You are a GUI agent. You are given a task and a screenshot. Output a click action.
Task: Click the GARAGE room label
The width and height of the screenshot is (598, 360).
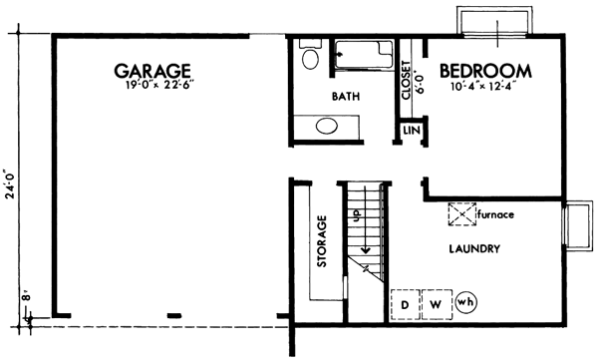pos(151,71)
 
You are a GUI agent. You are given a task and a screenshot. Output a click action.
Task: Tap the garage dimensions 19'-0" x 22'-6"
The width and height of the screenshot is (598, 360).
pos(151,87)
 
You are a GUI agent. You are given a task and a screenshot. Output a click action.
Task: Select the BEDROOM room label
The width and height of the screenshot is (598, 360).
pos(484,72)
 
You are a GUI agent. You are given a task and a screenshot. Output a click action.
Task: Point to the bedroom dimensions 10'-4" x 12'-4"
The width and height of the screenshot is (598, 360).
pos(484,89)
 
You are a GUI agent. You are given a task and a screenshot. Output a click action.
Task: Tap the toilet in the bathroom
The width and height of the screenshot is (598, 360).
pos(309,58)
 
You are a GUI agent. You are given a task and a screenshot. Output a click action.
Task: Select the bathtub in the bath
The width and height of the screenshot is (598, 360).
pos(363,56)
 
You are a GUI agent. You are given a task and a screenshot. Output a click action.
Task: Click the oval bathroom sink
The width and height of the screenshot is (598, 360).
pos(327,127)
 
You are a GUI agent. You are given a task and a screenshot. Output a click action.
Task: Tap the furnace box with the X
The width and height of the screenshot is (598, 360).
pos(460,213)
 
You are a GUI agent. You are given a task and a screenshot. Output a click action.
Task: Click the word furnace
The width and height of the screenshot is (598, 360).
pos(498,214)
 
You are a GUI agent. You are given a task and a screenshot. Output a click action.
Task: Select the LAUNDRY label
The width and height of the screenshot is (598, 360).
pos(473,248)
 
